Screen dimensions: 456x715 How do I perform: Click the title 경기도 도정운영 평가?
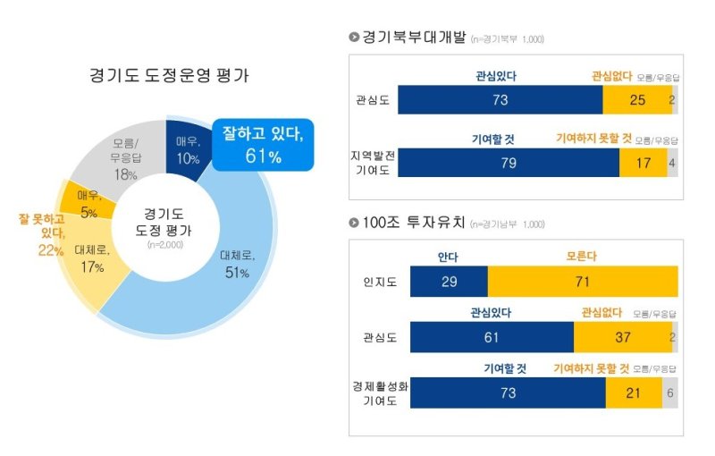coord(169,75)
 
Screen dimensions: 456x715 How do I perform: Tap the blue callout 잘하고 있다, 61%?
coord(263,145)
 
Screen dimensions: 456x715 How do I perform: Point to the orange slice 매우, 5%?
coord(88,203)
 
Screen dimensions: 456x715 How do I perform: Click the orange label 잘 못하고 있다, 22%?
coord(40,232)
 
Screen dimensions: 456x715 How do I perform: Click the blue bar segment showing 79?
coord(509,163)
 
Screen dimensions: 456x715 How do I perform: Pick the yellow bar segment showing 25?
coord(636,100)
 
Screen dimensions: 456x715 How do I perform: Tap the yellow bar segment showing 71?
coord(582,282)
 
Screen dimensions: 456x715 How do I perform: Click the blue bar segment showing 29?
coord(449,282)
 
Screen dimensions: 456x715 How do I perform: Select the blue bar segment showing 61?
coord(492,337)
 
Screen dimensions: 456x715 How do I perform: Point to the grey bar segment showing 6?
coord(669,393)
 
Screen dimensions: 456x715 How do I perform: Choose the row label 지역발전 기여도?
coord(372,163)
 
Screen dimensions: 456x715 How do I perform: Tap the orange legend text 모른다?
coord(582,257)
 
